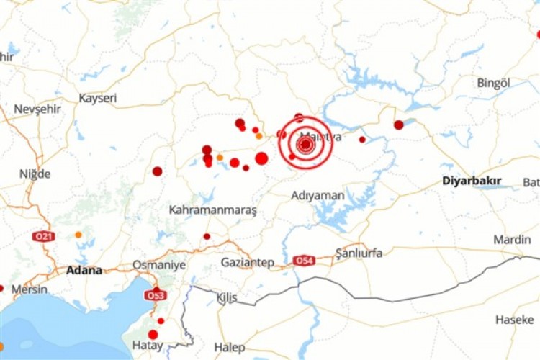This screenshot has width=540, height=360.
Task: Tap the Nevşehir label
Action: (37, 109)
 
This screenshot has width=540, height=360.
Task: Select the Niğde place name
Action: (35, 174)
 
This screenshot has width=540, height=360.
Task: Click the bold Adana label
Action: (84, 271)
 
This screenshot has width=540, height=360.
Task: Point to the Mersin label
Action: (29, 289)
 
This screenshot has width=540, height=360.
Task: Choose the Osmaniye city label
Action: (158, 265)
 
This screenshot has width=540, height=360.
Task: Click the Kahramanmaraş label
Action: (212, 210)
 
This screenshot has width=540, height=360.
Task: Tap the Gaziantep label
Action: (247, 263)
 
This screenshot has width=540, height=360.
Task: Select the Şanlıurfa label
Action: (359, 253)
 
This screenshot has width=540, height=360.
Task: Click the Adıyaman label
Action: (318, 195)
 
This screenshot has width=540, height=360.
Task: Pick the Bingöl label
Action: (493, 83)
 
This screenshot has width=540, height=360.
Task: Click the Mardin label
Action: (512, 239)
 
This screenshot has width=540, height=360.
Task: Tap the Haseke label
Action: (515, 319)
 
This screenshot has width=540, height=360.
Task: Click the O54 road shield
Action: (304, 261)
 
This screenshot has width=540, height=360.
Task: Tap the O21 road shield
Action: (43, 236)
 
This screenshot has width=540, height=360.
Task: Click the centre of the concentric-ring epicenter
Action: (305, 145)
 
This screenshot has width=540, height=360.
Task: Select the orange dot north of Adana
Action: (78, 235)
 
